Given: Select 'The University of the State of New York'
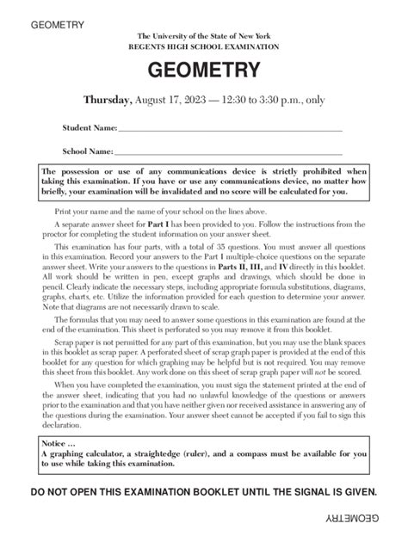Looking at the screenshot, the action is click(x=203, y=35).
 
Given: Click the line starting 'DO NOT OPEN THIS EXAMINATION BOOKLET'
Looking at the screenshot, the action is click(x=203, y=491).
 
